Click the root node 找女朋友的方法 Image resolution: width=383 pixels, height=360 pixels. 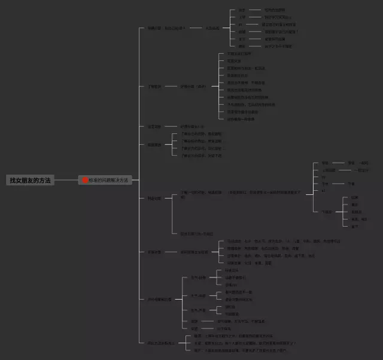pos(30,180)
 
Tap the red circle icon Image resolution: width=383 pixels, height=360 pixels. pos(85,180)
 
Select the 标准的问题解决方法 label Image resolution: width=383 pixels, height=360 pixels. pos(109,180)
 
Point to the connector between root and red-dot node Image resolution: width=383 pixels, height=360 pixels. pos(66,180)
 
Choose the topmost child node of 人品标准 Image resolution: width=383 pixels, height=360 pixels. pos(242,10)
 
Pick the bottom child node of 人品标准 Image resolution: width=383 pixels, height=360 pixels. pos(242,46)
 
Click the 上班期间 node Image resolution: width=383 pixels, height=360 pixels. pos(329,170)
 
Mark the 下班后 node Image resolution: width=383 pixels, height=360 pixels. pos(327,212)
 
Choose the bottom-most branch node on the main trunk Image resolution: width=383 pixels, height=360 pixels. pos(161,343)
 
